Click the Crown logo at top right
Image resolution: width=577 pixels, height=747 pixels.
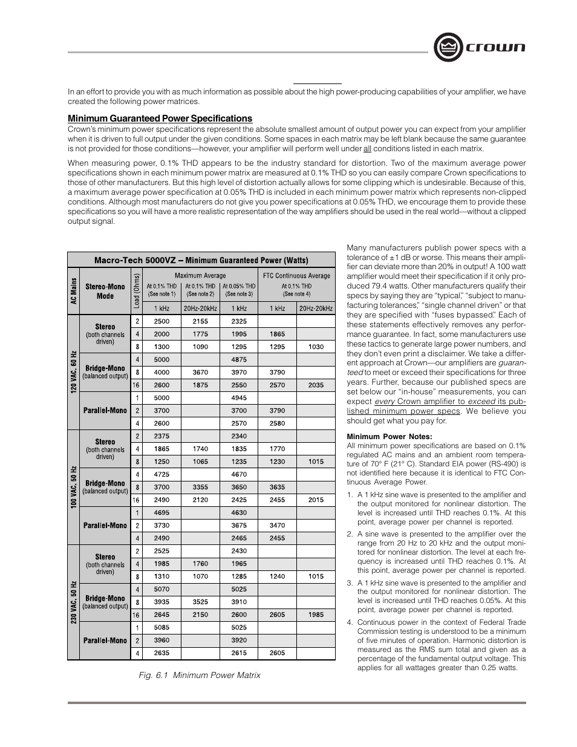[479, 47]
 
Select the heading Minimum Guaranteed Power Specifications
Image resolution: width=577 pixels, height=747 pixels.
[160, 119]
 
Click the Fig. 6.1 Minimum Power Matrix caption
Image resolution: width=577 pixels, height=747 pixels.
[199, 675]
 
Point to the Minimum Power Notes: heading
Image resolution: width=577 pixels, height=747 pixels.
[389, 437]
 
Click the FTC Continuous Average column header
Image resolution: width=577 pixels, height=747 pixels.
[296, 276]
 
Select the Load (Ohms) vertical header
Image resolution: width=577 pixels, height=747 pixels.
[137, 291]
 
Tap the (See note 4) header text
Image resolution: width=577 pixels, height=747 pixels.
[296, 294]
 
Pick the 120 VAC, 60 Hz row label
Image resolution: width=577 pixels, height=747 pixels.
[73, 372]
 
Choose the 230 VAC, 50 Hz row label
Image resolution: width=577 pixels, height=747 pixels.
[73, 602]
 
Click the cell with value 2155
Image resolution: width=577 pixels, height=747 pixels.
[200, 321]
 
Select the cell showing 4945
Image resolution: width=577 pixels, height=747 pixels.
[239, 398]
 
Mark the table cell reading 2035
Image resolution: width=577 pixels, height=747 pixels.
[316, 385]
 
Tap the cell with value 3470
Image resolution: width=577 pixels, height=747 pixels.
[277, 526]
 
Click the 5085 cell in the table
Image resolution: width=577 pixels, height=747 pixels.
[161, 627]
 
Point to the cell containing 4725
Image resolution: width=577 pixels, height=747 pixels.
[161, 474]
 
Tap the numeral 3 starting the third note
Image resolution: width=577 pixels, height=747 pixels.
[350, 583]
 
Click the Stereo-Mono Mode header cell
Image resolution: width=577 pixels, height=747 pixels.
[105, 291]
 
